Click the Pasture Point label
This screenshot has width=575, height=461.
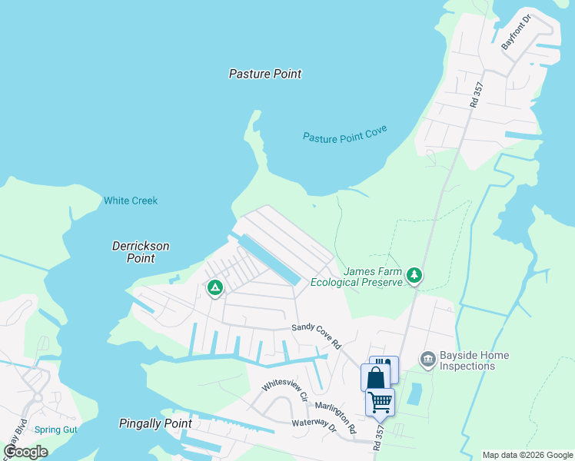click(x=265, y=74)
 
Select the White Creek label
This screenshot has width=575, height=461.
click(x=131, y=201)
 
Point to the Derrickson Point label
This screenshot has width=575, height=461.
click(x=141, y=252)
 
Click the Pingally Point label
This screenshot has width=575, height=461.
click(x=155, y=423)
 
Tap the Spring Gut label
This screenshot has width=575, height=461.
click(x=55, y=429)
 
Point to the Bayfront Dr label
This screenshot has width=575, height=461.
click(x=517, y=32)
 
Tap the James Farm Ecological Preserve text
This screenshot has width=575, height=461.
click(x=357, y=277)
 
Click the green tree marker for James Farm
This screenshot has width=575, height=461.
click(x=415, y=274)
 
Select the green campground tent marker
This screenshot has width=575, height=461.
click(x=215, y=287)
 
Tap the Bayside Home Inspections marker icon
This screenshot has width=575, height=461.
click(x=427, y=359)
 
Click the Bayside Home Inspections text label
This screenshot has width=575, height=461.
click(x=474, y=360)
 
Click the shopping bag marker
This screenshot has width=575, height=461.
click(x=375, y=377)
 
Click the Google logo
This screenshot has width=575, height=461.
click(x=25, y=453)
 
